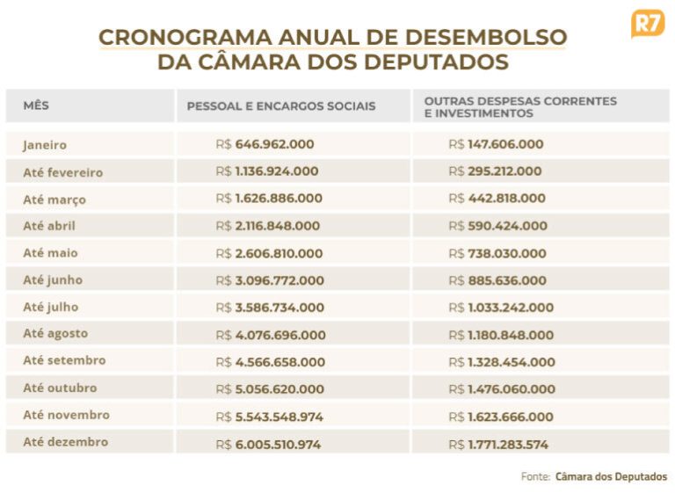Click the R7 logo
pyautogui.click(x=648, y=23)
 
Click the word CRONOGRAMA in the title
pyautogui.click(x=176, y=38)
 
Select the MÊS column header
pyautogui.click(x=36, y=105)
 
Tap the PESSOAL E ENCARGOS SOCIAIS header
pyautogui.click(x=280, y=106)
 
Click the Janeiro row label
pyautogui.click(x=45, y=145)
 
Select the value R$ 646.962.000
pyautogui.click(x=265, y=144)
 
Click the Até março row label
pyautogui.click(x=54, y=199)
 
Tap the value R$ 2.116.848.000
pyautogui.click(x=268, y=226)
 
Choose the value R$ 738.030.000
pyautogui.click(x=497, y=253)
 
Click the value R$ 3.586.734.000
pyautogui.click(x=270, y=308)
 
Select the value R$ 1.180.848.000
pyautogui.click(x=501, y=335)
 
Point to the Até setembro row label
pyautogui.click(x=64, y=360)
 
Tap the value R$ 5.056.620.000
pyautogui.click(x=270, y=389)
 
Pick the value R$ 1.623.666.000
pyautogui.click(x=501, y=417)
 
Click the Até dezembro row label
pyautogui.click(x=66, y=442)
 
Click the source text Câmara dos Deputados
pyautogui.click(x=611, y=476)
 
